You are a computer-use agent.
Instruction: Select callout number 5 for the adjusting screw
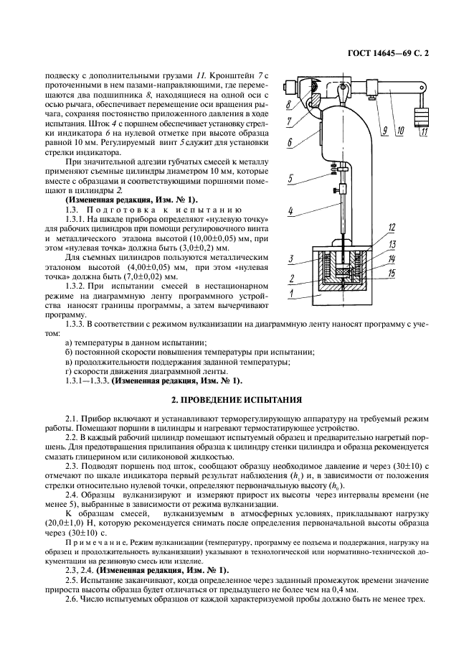pyautogui.click(x=291, y=179)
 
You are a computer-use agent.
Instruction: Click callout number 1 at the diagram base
pyautogui.click(x=291, y=294)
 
